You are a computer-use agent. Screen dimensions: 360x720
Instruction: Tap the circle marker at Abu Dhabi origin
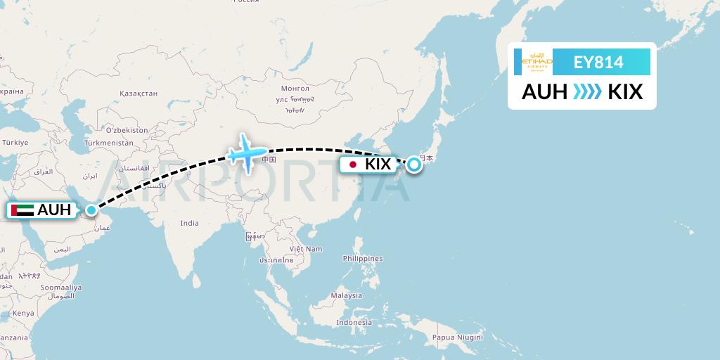pyautogui.click(x=91, y=210)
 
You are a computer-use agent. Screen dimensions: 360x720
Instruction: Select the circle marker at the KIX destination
pyautogui.click(x=414, y=165)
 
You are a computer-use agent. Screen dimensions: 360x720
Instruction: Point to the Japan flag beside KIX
pyautogui.click(x=352, y=165)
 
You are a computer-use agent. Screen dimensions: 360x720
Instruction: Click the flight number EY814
pyautogui.click(x=598, y=63)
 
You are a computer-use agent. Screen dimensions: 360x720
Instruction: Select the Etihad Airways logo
pyautogui.click(x=537, y=62)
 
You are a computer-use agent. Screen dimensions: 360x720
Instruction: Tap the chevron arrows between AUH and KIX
pyautogui.click(x=587, y=92)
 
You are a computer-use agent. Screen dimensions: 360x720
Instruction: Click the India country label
pyautogui.click(x=189, y=223)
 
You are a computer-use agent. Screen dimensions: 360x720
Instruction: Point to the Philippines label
pyautogui.click(x=363, y=259)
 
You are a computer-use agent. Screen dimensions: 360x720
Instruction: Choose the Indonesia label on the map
pyautogui.click(x=354, y=322)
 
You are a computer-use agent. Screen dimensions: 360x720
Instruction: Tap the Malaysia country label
pyautogui.click(x=347, y=295)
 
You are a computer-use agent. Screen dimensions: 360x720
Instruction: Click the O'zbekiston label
pyautogui.click(x=127, y=130)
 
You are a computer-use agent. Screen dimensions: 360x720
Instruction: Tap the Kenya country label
pyautogui.click(x=23, y=313)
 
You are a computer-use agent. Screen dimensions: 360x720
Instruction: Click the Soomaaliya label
pyautogui.click(x=60, y=288)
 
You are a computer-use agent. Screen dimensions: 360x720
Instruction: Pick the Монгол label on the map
pyautogui.click(x=295, y=89)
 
